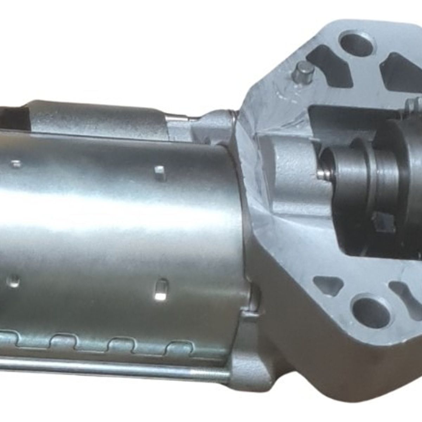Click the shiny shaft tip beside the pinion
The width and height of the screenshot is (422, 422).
pyautogui.click(x=321, y=174)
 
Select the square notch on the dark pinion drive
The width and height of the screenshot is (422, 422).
pyautogui.click(x=383, y=221)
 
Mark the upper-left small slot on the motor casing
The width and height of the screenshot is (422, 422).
pyautogui.click(x=16, y=164)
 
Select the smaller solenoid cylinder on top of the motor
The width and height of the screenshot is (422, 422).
pyautogui.click(x=95, y=118)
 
